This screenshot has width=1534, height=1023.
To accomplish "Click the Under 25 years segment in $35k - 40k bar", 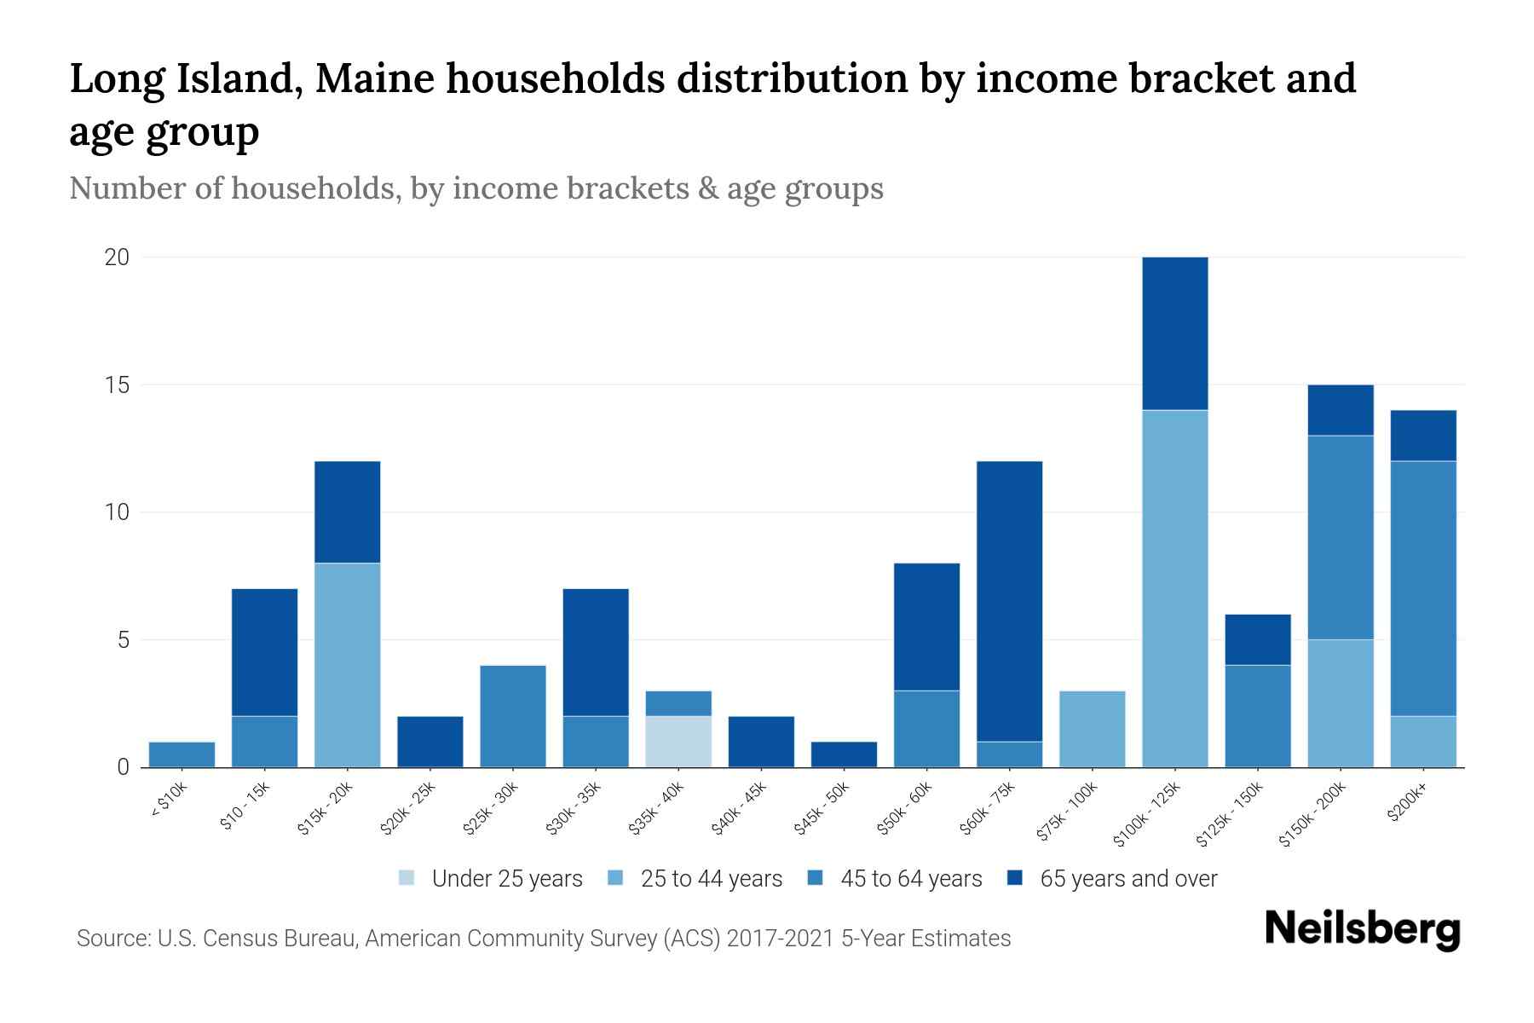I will click(x=678, y=741).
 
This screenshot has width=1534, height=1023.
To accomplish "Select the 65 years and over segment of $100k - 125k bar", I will click(x=1175, y=333).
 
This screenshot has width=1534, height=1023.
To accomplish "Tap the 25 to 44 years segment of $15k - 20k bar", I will click(x=348, y=665).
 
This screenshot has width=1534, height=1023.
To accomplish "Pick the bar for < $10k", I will click(x=182, y=754).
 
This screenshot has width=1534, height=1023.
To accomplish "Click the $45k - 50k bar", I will click(x=844, y=754).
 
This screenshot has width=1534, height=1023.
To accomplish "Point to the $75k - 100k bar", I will click(x=1093, y=729).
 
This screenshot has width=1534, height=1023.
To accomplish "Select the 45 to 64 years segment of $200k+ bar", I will click(x=1423, y=588).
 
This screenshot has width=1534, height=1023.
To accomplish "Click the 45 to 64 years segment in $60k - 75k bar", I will click(x=1010, y=754).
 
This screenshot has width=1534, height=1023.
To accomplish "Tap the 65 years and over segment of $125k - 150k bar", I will click(x=1258, y=639).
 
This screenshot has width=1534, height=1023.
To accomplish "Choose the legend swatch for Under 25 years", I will click(x=407, y=878).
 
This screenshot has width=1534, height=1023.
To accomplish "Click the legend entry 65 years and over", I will click(x=1127, y=879).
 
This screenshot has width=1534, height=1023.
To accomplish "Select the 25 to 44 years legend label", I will click(x=711, y=879).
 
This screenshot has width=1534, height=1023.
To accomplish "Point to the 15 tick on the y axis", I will click(x=117, y=385).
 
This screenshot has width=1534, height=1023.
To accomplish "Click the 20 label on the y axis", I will click(x=117, y=257).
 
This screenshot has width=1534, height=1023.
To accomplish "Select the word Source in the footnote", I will click(x=111, y=939).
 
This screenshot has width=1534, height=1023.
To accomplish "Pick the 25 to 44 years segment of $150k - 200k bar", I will click(x=1341, y=703).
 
